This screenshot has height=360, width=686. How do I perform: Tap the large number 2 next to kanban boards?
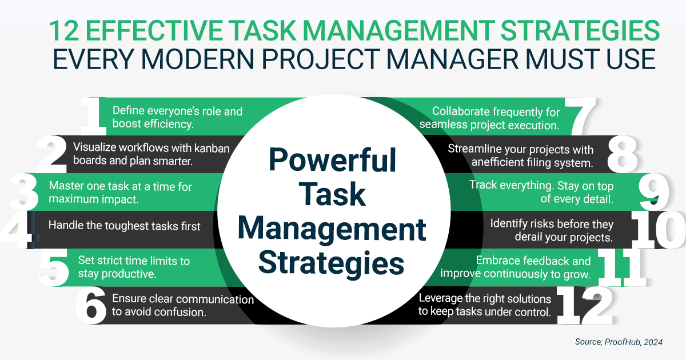point(51,154)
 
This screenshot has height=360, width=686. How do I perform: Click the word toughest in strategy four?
point(128,226)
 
